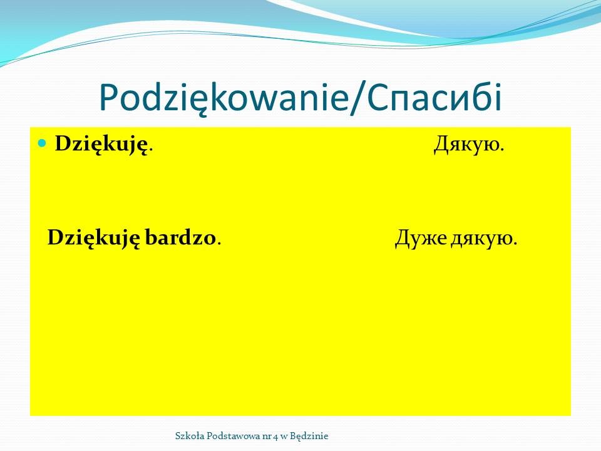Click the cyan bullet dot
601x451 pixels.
pyautogui.click(x=42, y=143)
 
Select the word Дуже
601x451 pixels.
pyautogui.click(x=421, y=238)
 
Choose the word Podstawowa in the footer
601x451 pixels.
pyautogui.click(x=234, y=436)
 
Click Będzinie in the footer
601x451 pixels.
pyautogui.click(x=309, y=437)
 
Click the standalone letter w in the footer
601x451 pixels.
pyautogui.click(x=284, y=437)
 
